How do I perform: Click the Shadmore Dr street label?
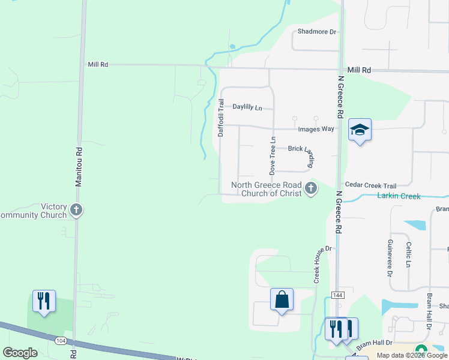(316, 31)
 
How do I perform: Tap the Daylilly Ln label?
(248, 107)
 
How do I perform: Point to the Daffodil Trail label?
(221, 118)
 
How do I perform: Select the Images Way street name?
(317, 129)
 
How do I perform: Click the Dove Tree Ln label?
(273, 155)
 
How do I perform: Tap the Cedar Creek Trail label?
(370, 186)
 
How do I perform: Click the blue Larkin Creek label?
(399, 196)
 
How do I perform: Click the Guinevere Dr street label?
(390, 257)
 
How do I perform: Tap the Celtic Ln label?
(408, 254)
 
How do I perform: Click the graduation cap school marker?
(360, 130)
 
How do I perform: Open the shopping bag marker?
(282, 299)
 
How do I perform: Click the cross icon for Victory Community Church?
(76, 210)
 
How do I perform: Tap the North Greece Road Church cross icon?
(310, 189)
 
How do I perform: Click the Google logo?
(20, 353)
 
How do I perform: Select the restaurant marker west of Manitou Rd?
(44, 301)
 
